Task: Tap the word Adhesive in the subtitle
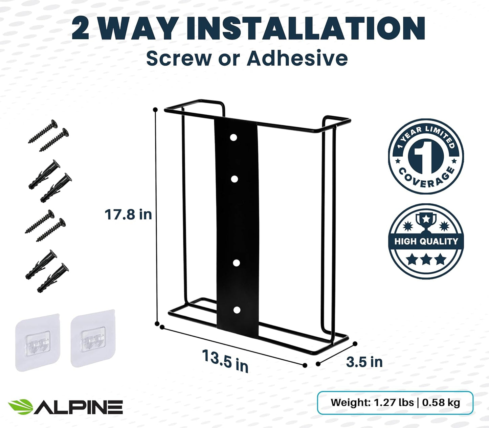[x=297, y=58]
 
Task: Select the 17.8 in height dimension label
[x=128, y=215]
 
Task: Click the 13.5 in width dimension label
[x=225, y=361]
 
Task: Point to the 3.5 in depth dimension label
[x=364, y=362]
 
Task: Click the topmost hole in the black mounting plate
[x=233, y=138]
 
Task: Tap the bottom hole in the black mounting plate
[x=237, y=310]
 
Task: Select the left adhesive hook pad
[x=38, y=342]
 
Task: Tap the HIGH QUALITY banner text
[x=426, y=242]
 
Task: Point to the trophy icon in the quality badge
[x=426, y=222]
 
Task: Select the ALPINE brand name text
[x=79, y=407]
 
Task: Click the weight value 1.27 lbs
[x=394, y=403]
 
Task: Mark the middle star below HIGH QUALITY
[x=426, y=260]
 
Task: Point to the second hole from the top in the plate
[x=234, y=179]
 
